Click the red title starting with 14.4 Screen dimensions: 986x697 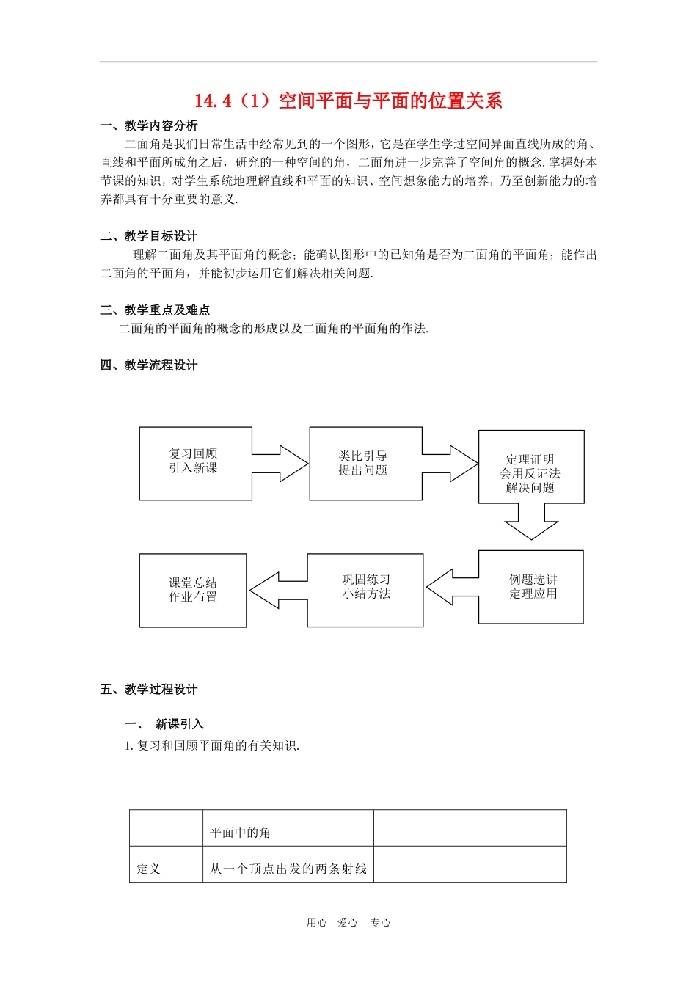coord(348,101)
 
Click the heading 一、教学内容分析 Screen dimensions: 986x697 coord(149,125)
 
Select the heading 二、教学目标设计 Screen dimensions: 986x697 coord(149,236)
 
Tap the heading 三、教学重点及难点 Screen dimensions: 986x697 coord(155,310)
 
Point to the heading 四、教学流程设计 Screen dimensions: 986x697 coord(149,365)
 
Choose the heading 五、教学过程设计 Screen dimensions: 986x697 coord(149,690)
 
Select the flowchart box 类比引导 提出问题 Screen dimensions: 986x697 coord(364,464)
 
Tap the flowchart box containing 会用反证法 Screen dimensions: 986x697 coord(530,472)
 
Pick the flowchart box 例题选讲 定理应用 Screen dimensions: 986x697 coord(533,587)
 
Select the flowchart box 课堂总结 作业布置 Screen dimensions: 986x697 coord(193,590)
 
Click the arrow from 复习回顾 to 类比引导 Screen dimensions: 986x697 coord(281,463)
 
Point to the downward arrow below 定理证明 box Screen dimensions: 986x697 coord(531,522)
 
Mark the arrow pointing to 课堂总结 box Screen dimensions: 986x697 coord(277,590)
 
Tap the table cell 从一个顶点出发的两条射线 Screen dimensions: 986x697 coord(288,869)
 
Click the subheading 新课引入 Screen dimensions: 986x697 coord(179,725)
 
